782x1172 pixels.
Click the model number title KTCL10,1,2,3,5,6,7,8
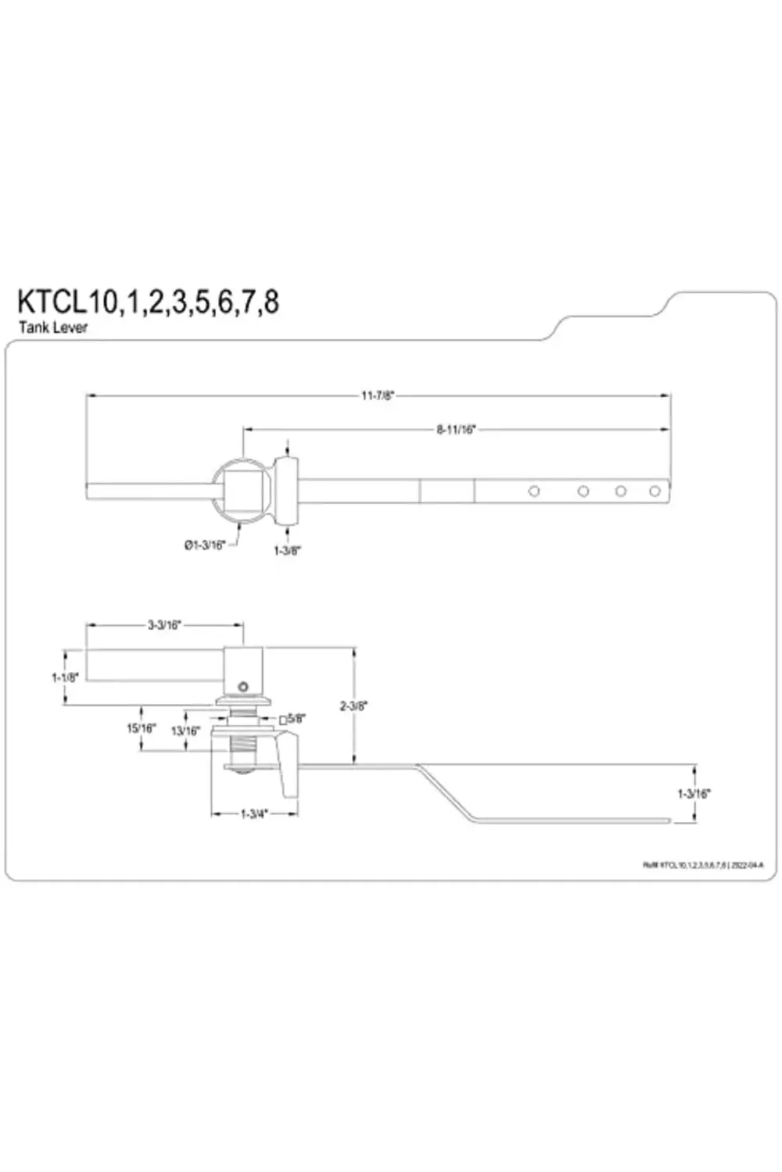pos(149,301)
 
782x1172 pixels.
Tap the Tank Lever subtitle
pos(53,327)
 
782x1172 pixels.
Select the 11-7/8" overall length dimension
pos(378,395)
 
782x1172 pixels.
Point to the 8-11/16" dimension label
pos(456,429)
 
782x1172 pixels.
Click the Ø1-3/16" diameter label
pos(205,545)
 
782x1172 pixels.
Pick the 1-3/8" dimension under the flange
pos(287,550)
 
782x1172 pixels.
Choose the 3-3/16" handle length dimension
pos(164,625)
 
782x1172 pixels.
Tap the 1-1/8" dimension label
pos(65,677)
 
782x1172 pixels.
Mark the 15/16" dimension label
pos(142,727)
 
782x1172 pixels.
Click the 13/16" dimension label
pos(185,731)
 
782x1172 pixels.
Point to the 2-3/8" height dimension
pos(353,706)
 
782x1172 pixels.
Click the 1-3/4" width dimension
pos(254,813)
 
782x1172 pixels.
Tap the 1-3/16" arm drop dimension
pos(694,793)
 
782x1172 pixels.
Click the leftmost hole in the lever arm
pos(534,491)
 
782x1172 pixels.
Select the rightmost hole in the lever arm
pos(655,491)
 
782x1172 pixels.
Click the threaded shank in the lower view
pos(243,745)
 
